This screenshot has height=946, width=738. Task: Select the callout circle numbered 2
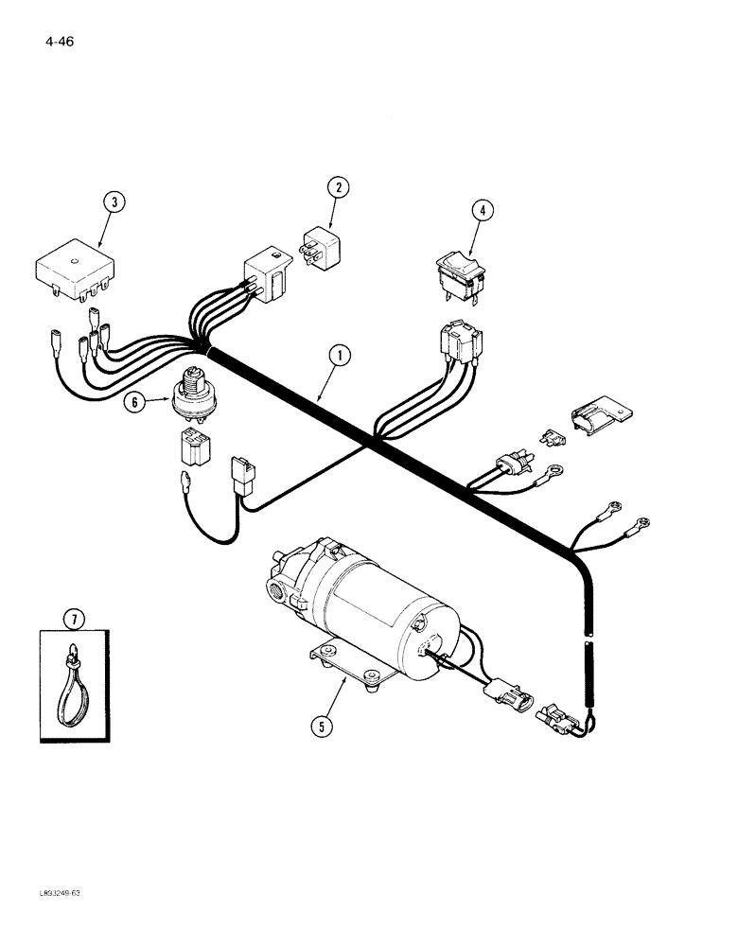[338, 187]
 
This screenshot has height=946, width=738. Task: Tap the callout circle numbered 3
[113, 201]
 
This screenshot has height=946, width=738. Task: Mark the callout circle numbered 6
[133, 402]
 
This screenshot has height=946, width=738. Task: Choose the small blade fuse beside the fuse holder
[552, 436]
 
